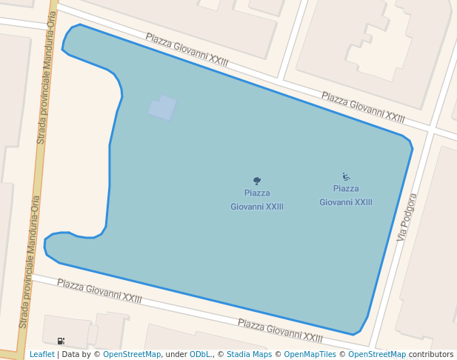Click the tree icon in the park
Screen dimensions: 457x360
point(257,181)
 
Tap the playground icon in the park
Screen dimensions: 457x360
point(346,176)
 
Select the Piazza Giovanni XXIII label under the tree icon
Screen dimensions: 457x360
point(257,200)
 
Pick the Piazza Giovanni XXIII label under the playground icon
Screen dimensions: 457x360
point(346,196)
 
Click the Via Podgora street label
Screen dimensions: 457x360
point(407,217)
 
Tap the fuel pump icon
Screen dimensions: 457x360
point(61,341)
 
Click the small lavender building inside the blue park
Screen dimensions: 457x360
point(162,108)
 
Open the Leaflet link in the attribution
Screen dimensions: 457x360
point(41,355)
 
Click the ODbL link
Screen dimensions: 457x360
point(201,355)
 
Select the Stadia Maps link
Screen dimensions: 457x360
point(249,355)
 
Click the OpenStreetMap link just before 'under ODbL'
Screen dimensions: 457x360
point(132,355)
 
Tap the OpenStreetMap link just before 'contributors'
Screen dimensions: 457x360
point(377,355)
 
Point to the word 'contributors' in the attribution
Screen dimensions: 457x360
point(431,355)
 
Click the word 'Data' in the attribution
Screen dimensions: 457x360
point(70,355)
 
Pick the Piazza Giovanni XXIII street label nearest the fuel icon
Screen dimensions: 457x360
point(99,291)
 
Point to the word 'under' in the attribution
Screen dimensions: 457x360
point(176,355)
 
